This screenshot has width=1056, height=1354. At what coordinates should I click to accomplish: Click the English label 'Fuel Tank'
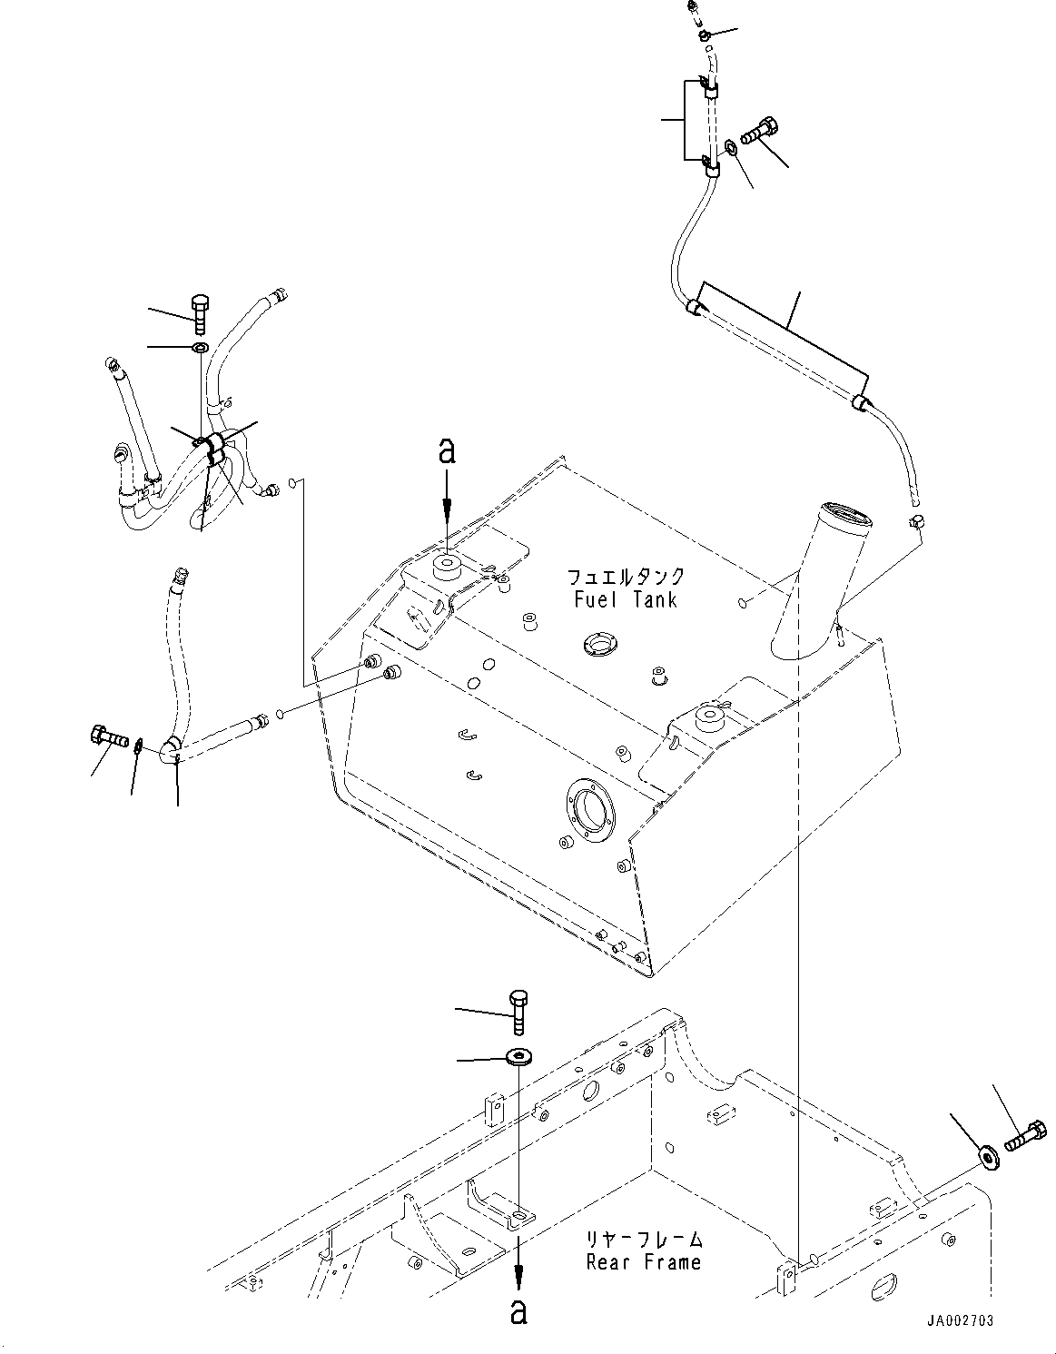626,599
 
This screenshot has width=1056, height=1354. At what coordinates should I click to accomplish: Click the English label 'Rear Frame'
643,1262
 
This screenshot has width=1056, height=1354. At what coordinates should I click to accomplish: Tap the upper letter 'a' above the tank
446,451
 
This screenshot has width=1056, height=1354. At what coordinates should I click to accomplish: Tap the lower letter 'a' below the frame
518,1312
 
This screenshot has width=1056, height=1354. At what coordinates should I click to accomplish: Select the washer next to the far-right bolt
987,1156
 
